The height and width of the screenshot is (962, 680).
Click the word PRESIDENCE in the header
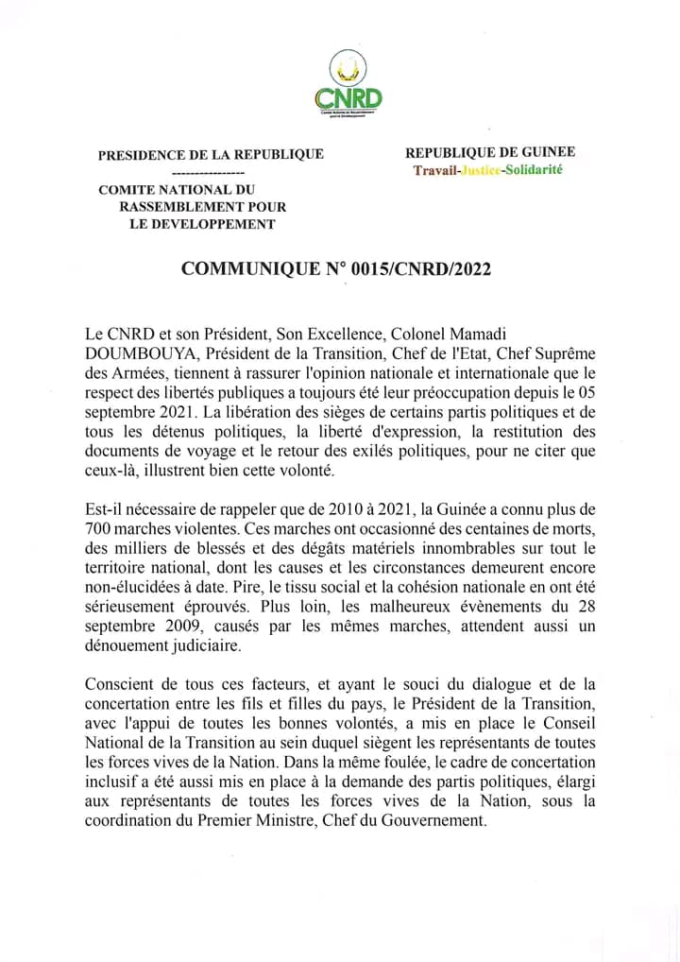(138, 154)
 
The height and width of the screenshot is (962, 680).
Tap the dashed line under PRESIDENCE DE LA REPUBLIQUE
(210, 174)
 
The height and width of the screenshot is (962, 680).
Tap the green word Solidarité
(535, 170)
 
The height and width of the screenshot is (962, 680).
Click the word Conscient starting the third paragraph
(119, 684)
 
